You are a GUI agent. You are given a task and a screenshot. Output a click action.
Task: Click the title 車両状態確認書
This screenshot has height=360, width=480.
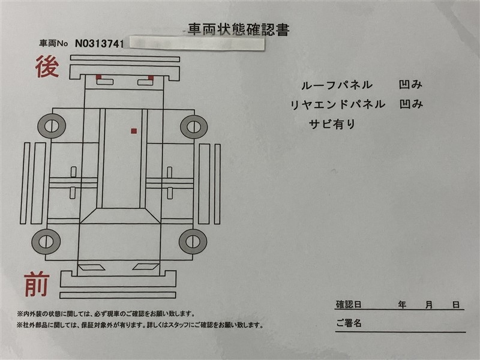238,29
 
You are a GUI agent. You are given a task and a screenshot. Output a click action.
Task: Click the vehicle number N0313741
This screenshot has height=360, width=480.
100,43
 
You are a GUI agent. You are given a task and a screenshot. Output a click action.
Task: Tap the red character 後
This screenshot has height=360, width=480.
47,67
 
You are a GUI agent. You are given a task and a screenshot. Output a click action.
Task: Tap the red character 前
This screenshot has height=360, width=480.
37,284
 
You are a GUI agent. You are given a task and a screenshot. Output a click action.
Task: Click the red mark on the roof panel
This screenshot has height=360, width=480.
134,131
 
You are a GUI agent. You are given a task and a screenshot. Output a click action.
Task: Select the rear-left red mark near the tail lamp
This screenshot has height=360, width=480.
98,77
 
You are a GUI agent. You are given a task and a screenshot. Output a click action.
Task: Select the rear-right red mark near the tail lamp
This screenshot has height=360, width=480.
151,77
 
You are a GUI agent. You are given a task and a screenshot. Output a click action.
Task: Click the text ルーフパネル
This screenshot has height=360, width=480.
337,85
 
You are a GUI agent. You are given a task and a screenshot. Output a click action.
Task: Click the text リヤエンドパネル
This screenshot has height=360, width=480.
337,104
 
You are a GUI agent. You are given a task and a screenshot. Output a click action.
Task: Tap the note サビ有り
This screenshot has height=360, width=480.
332,124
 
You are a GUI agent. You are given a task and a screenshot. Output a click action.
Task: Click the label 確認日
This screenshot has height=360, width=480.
349,305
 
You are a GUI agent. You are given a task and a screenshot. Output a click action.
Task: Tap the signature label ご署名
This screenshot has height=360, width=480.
349,323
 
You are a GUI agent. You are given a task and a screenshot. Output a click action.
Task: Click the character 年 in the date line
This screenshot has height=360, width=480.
402,305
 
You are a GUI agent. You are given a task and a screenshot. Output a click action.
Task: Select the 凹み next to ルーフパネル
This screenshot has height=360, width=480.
410,85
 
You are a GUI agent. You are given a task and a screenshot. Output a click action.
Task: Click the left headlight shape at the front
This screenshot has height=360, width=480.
92,267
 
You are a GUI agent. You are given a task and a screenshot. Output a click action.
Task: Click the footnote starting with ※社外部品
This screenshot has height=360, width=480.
140,325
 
